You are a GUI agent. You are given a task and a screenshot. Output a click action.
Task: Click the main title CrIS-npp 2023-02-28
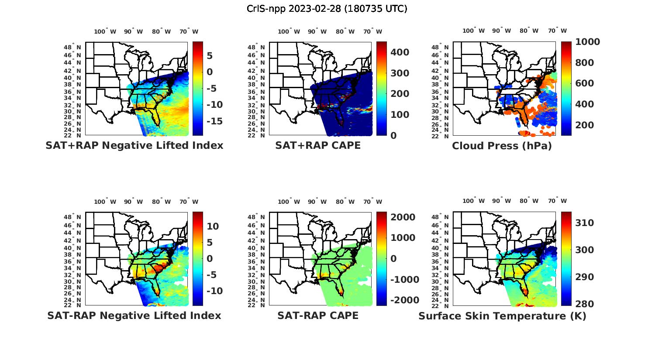[327, 9]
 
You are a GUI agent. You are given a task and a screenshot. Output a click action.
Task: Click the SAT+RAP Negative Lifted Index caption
[134, 145]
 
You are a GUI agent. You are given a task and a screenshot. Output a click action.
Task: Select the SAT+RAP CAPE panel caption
[318, 145]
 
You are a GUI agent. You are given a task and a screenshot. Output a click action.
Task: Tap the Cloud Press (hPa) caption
[502, 146]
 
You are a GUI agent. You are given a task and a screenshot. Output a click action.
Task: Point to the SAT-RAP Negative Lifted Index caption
[134, 315]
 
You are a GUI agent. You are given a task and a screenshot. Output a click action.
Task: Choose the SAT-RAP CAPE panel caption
[318, 315]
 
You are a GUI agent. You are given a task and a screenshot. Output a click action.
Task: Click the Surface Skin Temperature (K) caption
[502, 316]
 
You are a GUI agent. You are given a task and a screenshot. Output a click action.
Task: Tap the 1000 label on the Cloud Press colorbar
[587, 42]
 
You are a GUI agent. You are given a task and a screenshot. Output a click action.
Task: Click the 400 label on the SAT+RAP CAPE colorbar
[400, 52]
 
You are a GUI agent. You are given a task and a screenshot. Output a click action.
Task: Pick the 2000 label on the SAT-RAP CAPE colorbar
[403, 217]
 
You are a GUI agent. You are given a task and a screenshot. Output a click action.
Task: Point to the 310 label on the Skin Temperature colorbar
[585, 223]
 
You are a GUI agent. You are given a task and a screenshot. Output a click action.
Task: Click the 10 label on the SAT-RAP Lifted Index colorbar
[213, 226]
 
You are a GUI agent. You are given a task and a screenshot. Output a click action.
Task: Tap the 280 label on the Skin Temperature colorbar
[585, 304]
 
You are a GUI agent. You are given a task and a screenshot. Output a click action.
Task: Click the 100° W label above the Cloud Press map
[473, 31]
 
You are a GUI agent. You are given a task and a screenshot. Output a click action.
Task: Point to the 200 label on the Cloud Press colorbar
[585, 125]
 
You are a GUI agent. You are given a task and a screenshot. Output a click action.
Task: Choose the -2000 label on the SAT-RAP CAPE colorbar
[404, 300]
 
